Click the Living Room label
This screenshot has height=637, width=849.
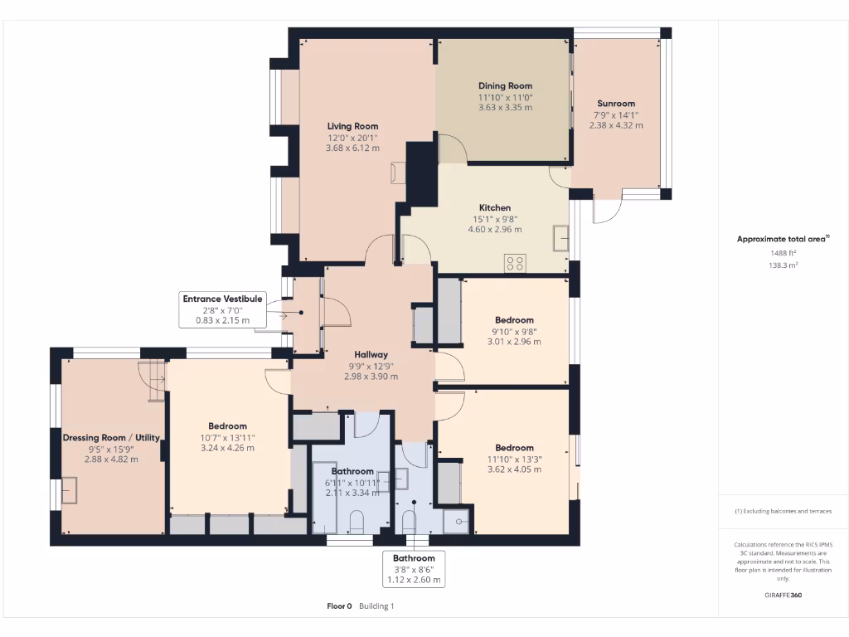[352, 126]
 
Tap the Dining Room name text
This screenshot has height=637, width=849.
[505, 85]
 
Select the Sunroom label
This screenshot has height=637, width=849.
[616, 104]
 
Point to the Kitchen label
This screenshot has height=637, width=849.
[495, 207]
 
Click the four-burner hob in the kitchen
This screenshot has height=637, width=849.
[515, 264]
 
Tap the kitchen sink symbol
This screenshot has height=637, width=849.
[561, 238]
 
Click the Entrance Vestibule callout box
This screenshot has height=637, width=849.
[222, 309]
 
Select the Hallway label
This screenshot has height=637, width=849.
[371, 355]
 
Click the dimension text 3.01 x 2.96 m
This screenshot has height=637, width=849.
[514, 342]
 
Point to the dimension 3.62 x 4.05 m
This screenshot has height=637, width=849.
[514, 469]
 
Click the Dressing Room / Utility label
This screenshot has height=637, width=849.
[111, 438]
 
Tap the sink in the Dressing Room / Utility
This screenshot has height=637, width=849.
[70, 491]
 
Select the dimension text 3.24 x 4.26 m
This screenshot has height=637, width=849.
[227, 448]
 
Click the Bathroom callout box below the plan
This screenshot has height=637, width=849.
[415, 569]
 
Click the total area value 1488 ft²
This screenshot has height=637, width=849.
[783, 253]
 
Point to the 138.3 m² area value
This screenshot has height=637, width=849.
[783, 265]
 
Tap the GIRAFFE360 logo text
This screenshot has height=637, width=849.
[783, 595]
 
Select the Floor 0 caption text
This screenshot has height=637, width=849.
[339, 606]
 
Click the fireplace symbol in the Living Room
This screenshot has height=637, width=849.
[398, 173]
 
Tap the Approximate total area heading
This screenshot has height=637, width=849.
[783, 239]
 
